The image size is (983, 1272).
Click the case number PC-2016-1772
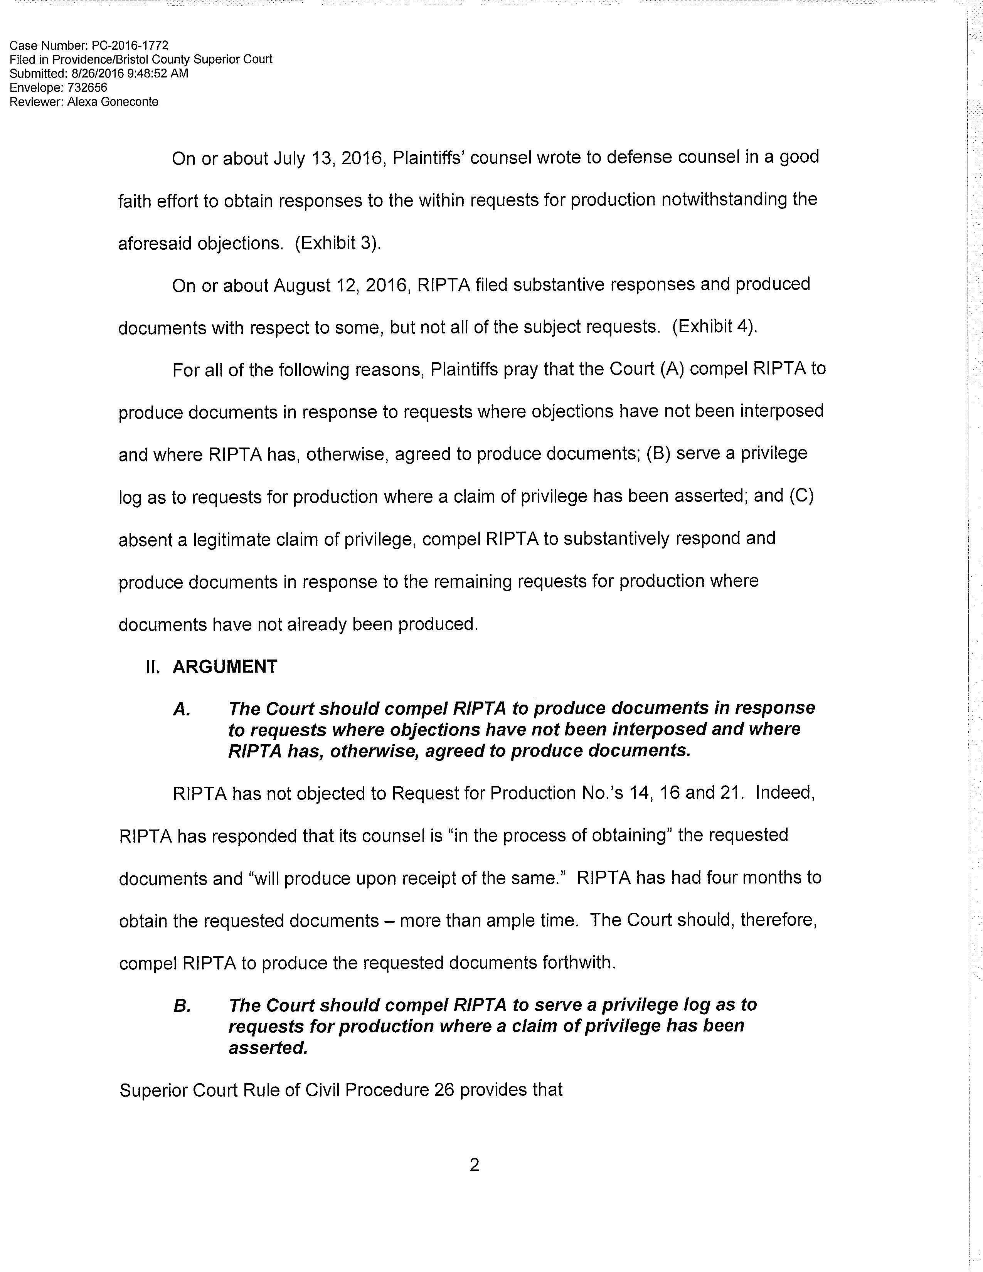(x=130, y=45)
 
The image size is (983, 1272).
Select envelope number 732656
(x=88, y=87)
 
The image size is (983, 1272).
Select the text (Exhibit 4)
(x=715, y=326)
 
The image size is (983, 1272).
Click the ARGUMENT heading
(x=225, y=666)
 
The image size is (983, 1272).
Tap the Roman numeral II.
(x=153, y=666)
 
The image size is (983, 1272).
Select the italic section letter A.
(x=182, y=709)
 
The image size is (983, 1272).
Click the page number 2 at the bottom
(x=474, y=1165)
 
